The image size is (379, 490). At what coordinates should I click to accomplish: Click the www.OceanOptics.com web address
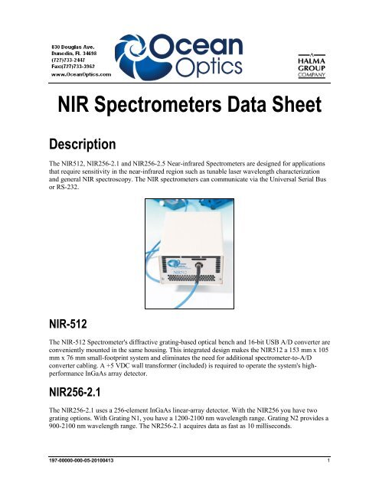click(x=71, y=74)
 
